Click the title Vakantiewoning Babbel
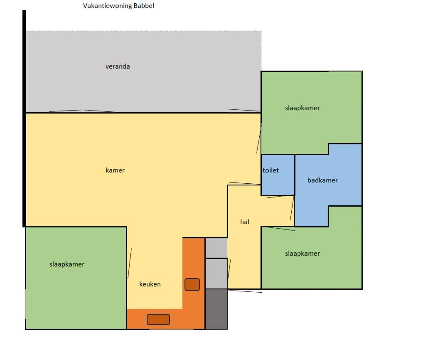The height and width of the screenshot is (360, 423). coord(118,6)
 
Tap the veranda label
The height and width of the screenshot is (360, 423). coord(118,67)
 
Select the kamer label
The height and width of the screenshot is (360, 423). coord(115,170)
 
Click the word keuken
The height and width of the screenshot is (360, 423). coord(150,284)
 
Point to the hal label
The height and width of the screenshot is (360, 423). coord(245,222)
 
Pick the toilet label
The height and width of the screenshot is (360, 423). coord(271,170)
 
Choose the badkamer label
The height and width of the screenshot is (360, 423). coord(322,180)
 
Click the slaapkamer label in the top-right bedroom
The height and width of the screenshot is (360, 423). coord(302,108)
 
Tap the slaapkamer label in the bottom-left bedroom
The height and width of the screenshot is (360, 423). coord(67,264)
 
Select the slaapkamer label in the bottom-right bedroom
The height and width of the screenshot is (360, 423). coord(302,254)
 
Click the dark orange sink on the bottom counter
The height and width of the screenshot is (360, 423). coord(158,320)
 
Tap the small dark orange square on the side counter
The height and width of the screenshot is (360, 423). coord(192,284)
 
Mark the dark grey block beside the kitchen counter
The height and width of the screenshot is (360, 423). coord(216,309)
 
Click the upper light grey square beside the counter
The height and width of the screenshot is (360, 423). coord(216,248)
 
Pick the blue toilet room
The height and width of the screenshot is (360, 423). coord(278,175)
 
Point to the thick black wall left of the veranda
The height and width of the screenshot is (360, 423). coord(24,118)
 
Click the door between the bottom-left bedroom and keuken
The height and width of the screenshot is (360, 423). coord(129,264)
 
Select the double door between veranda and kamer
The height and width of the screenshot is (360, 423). coord(82,111)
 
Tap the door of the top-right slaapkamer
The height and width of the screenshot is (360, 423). coord(259,138)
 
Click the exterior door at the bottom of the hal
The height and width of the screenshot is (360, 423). coord(245,291)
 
